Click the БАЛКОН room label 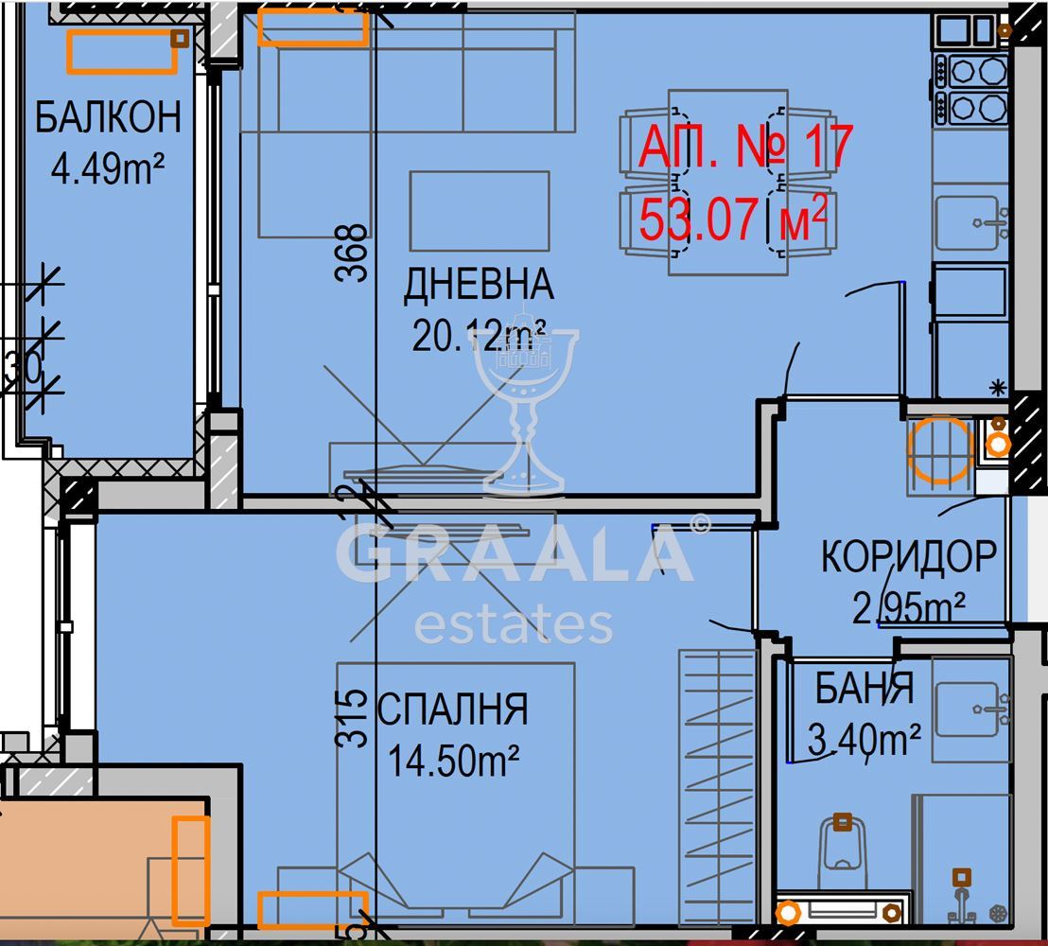(x=108, y=117)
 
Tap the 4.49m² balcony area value (x=108, y=167)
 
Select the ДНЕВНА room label (x=479, y=284)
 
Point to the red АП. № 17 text (x=745, y=147)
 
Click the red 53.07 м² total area (x=733, y=218)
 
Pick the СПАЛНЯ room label (x=452, y=709)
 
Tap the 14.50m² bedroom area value (x=453, y=761)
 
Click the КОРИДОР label (x=908, y=555)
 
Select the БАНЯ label (x=864, y=688)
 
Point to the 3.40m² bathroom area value (x=864, y=739)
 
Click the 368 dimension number (x=352, y=252)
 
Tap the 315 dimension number (x=352, y=718)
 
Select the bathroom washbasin (x=971, y=709)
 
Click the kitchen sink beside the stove (x=971, y=222)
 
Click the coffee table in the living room (x=480, y=211)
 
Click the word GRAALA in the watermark (x=515, y=552)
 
